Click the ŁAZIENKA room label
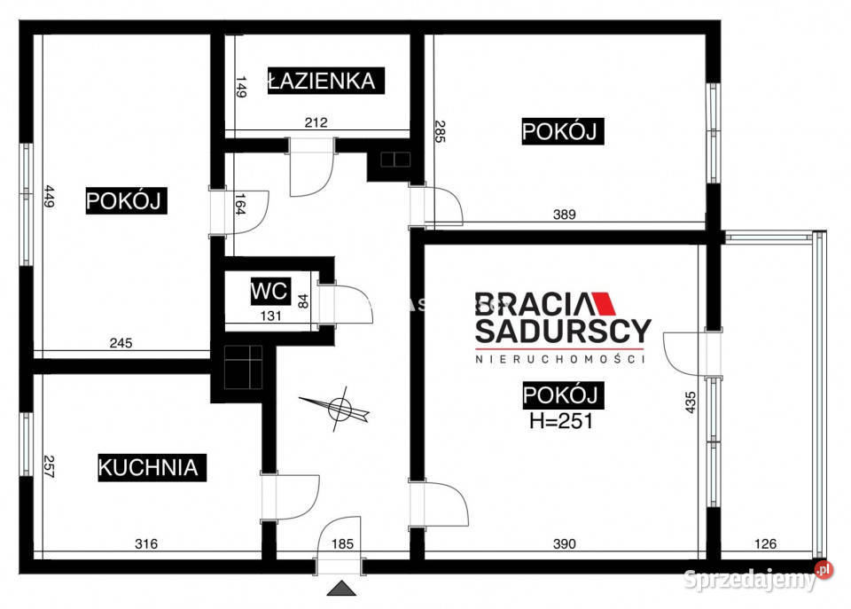coord(322,81)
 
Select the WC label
coord(268,291)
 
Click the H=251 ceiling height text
coord(560,420)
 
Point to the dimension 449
coord(49,196)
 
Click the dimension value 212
coord(316,122)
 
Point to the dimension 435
coord(690,402)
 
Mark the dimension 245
coord(121,344)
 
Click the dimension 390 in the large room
coord(565,543)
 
